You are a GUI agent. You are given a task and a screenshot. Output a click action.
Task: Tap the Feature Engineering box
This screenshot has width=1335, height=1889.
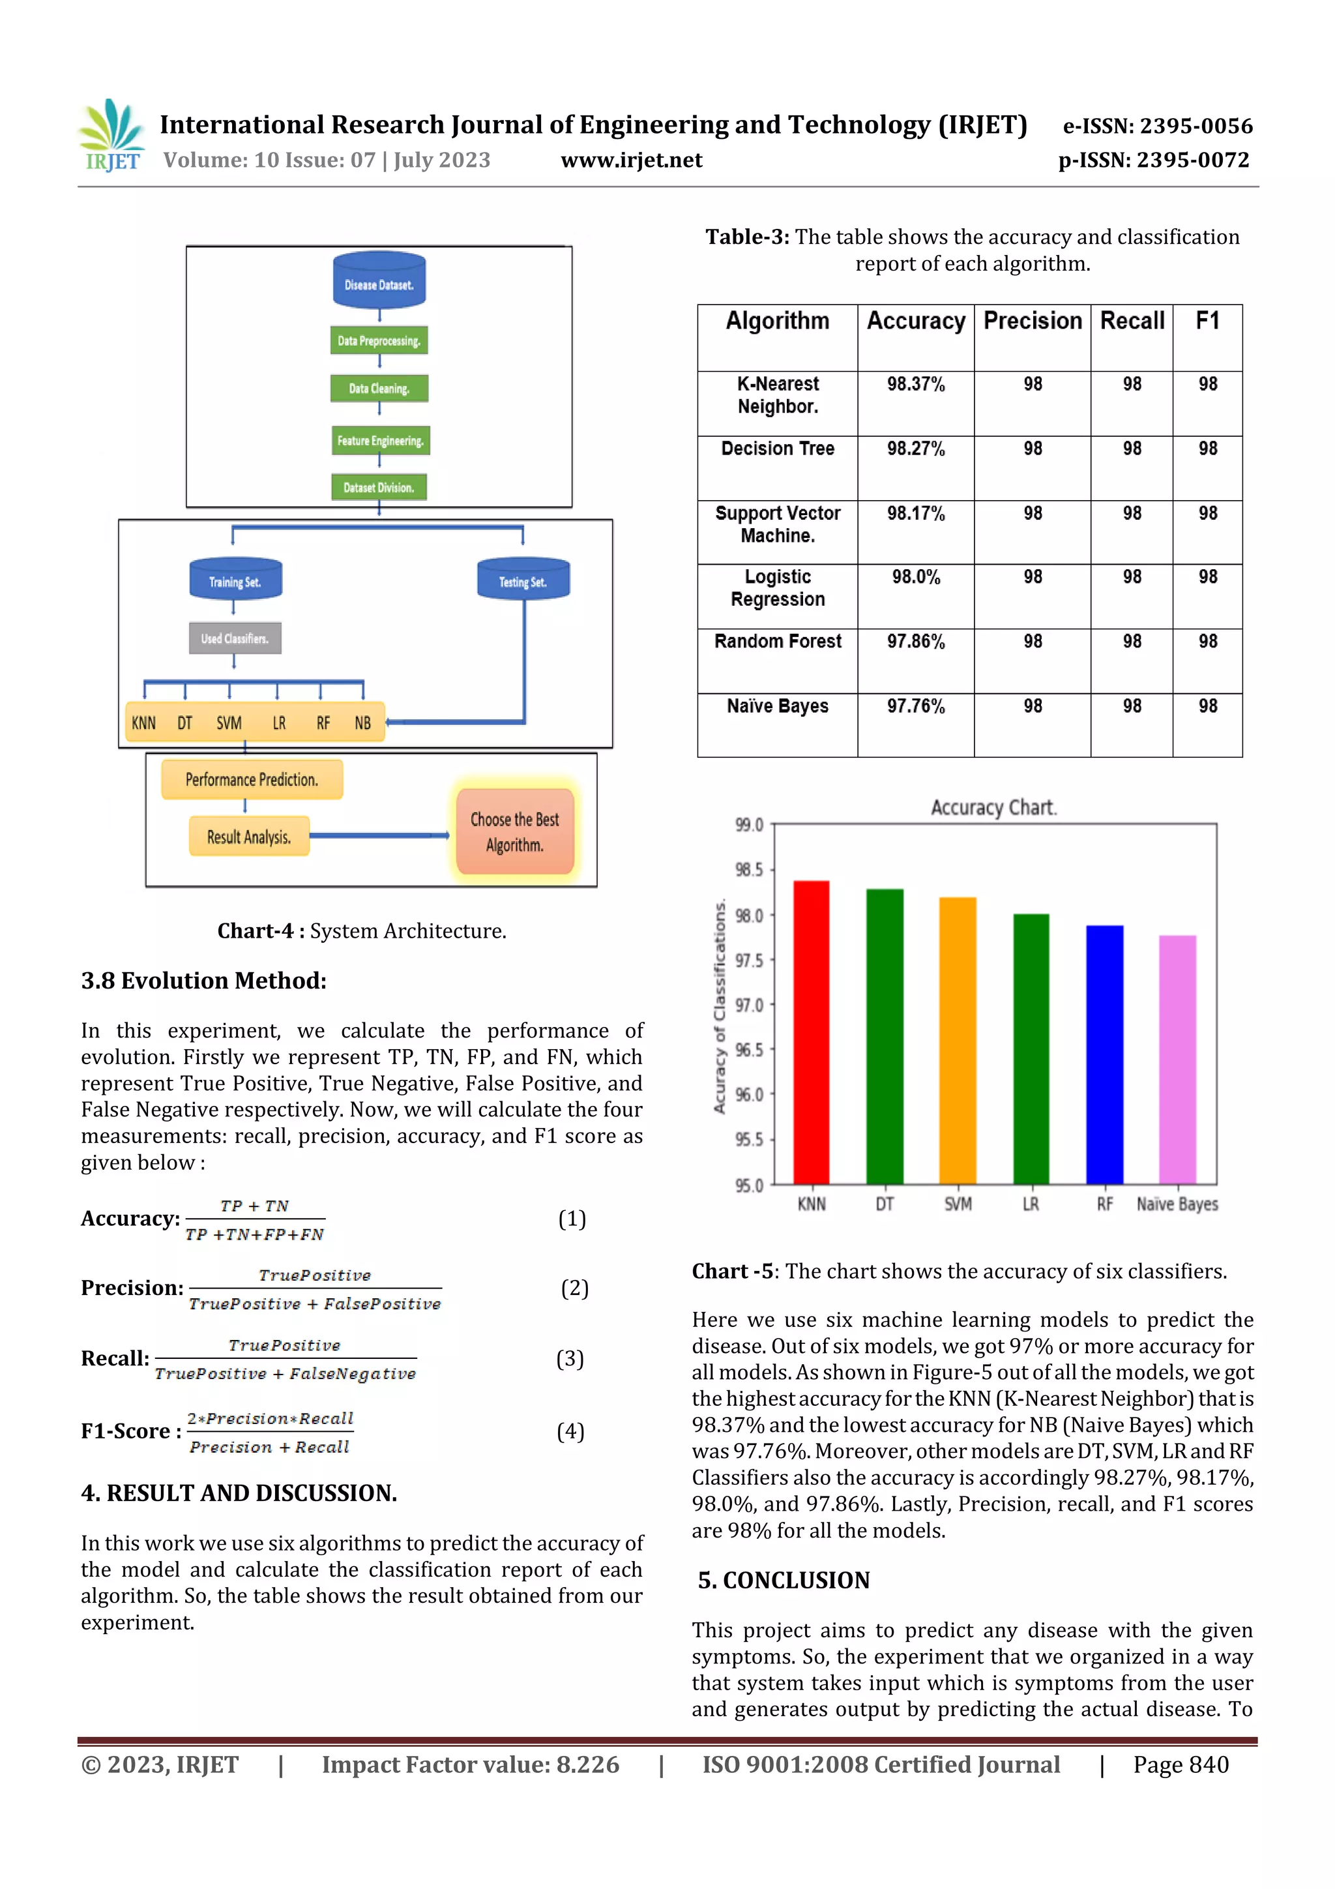coord(379,441)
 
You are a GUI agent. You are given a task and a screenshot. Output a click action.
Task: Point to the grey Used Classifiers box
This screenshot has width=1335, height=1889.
coord(235,638)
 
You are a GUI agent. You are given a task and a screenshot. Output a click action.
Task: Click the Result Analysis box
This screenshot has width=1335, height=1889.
coord(249,837)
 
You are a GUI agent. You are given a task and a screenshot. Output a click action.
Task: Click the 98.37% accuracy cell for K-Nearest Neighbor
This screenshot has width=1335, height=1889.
coord(915,384)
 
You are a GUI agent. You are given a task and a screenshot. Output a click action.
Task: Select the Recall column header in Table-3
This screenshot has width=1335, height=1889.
coord(1132,321)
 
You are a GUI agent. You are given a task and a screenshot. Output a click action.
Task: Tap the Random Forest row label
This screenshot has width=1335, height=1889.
coord(777,642)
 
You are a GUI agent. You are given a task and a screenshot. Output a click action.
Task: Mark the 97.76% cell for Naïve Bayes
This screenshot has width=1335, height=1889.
coord(915,707)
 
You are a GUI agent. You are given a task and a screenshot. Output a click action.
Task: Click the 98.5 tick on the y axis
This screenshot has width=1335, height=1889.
coord(748,870)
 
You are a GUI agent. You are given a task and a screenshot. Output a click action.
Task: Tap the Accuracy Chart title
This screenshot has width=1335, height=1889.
coord(993,808)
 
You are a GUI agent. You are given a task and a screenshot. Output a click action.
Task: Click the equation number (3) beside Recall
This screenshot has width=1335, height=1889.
coord(570,1358)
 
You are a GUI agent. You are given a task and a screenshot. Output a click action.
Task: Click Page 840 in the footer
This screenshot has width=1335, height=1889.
coord(1181,1764)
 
